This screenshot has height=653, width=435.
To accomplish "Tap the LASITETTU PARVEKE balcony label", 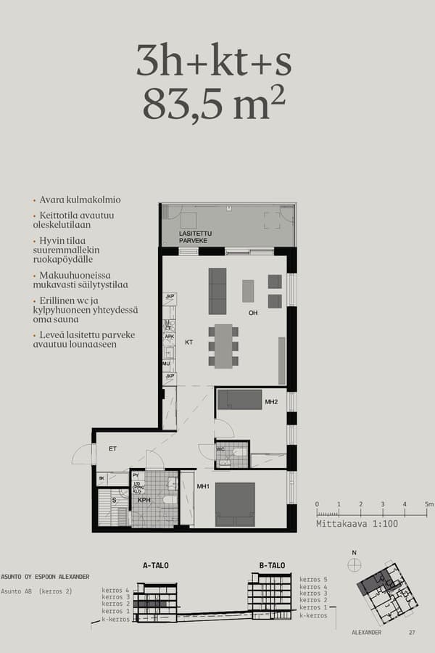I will (194, 236).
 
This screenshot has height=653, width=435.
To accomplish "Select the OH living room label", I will (253, 313).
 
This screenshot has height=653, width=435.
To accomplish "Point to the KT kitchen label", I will (188, 341).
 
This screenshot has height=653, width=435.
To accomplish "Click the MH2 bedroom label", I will (271, 401).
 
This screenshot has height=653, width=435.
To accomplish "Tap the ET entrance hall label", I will (113, 449).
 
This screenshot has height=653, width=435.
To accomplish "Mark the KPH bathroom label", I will (144, 500).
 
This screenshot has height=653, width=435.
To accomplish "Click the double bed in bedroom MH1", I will (235, 504).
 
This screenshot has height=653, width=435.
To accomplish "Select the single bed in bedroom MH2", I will (240, 399).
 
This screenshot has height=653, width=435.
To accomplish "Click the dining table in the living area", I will (223, 345).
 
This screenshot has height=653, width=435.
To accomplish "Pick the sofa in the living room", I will (217, 290).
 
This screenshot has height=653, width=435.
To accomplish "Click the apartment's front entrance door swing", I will (84, 455).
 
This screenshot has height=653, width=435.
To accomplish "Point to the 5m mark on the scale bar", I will (428, 504).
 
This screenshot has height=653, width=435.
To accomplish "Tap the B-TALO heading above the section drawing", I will (272, 565).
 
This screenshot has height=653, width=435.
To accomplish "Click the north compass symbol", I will (355, 565).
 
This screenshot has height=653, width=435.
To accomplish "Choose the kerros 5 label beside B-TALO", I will (313, 579).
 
